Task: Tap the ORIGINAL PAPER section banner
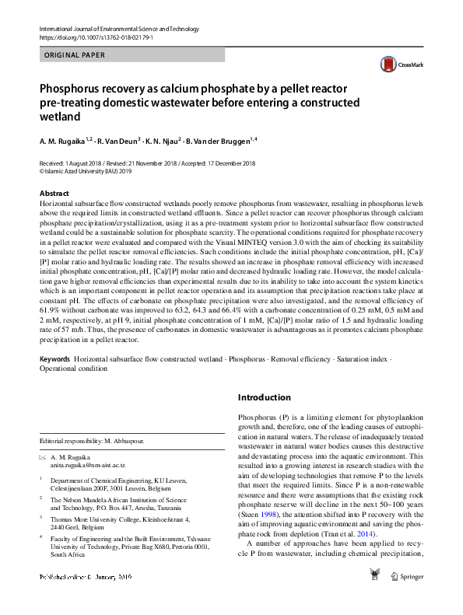pyautogui.click(x=71, y=55)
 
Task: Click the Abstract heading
pyautogui.click(x=54, y=193)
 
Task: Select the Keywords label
pyautogui.click(x=55, y=360)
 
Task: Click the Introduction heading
pyautogui.click(x=264, y=398)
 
